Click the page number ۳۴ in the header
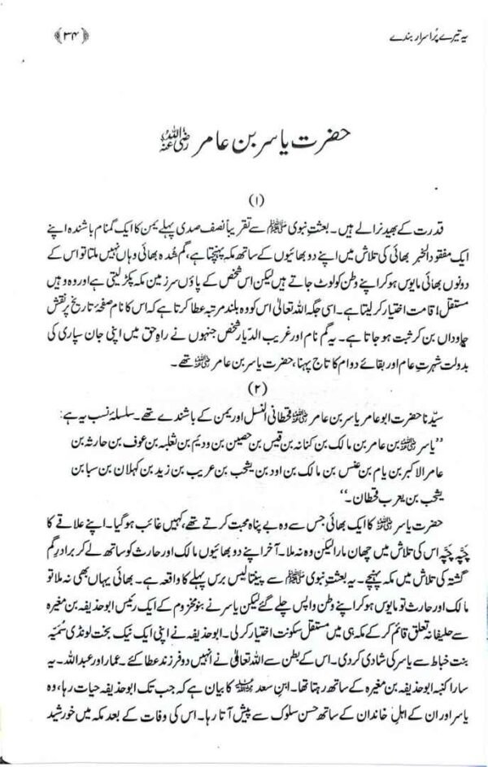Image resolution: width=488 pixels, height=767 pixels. click(x=41, y=36)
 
